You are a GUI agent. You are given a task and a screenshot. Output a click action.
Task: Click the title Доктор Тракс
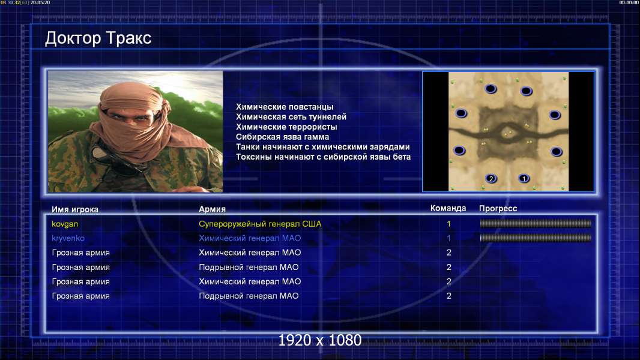click(x=98, y=38)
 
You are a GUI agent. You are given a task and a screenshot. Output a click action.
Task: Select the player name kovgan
click(x=65, y=224)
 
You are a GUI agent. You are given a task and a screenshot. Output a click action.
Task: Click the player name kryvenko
click(x=68, y=238)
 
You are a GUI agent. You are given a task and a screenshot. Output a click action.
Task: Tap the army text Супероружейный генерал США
click(x=260, y=224)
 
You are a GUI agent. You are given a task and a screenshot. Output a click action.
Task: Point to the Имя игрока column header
click(x=74, y=209)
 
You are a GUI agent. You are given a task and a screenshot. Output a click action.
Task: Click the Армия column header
click(x=213, y=209)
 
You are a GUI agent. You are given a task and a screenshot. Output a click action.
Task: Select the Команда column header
click(x=448, y=208)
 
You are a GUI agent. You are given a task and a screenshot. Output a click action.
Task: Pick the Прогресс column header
click(x=498, y=208)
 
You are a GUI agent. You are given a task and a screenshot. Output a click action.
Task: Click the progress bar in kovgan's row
click(x=536, y=223)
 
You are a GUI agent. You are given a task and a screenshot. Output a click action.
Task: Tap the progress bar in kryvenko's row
click(x=536, y=238)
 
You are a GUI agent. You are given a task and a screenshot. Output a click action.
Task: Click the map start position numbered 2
click(x=491, y=178)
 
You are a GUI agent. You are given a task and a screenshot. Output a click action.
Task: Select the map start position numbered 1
click(x=524, y=178)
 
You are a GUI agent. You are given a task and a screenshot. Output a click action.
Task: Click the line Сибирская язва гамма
click(x=282, y=137)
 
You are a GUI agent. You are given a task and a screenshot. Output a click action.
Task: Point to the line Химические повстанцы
click(x=285, y=107)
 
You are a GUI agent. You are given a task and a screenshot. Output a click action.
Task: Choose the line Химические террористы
click(x=286, y=127)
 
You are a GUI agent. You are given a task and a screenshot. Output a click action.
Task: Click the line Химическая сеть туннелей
click(x=291, y=117)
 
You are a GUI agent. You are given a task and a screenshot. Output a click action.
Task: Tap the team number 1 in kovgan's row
click(x=448, y=224)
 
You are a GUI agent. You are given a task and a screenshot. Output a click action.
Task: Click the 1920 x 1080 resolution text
click(x=319, y=340)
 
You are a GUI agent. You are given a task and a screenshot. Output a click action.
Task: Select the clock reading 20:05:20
click(x=40, y=2)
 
